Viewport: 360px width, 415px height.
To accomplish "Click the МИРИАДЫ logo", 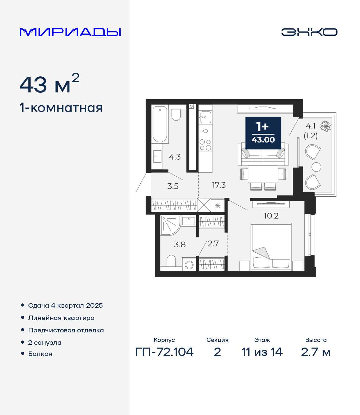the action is (70, 32).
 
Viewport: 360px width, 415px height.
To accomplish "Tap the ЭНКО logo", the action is (309, 32).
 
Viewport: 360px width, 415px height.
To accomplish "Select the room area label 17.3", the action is (219, 185).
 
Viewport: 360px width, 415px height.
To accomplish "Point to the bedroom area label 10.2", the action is (271, 216).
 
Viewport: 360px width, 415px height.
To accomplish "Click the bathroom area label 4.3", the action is (175, 157).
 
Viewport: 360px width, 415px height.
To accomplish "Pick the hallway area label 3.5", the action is (173, 186).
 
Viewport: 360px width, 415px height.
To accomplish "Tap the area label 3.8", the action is (180, 244).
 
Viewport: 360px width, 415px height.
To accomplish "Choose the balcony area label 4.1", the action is (310, 126).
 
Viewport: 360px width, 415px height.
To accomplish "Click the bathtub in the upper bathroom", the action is (160, 124).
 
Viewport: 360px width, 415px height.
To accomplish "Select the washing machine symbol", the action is (189, 265).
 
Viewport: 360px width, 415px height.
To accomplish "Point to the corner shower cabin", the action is (170, 225).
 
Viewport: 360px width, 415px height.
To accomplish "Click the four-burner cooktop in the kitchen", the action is (205, 145).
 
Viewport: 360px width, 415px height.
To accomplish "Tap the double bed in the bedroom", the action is (271, 247).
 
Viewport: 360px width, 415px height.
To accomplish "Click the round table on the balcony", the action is (316, 167).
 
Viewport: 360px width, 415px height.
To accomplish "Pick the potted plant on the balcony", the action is (326, 126).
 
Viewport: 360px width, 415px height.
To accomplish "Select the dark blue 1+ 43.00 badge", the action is (263, 133).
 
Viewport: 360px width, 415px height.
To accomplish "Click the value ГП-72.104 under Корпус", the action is (164, 352).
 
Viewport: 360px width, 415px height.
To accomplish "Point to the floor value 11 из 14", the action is (262, 352).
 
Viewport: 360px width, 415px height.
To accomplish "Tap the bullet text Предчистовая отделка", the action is (66, 330).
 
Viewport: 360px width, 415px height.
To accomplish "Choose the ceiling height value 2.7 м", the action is (316, 352).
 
